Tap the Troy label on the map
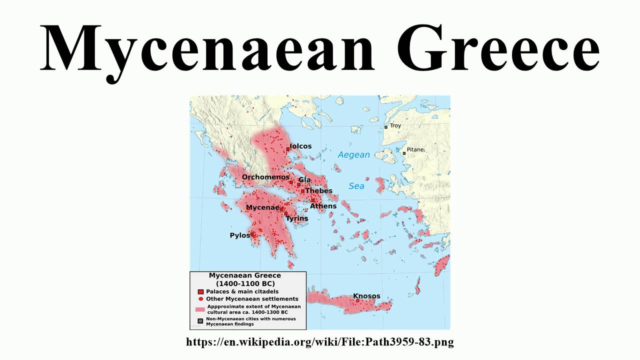coord(395,126)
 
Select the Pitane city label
coord(415,149)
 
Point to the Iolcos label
coord(300,146)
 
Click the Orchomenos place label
coord(265,177)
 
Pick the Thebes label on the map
coord(318,191)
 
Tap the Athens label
coord(323,206)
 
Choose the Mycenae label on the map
coord(262,207)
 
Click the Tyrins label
coord(297,218)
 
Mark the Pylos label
coord(239,235)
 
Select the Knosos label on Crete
coord(366,296)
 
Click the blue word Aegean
coord(353,155)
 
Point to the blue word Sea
coord(356,186)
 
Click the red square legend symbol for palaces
coord(200,291)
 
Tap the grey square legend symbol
coord(200,321)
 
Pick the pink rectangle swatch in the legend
coord(200,309)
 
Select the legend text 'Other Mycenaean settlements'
coord(252,299)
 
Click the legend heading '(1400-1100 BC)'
coord(244,283)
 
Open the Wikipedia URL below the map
coord(320,342)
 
